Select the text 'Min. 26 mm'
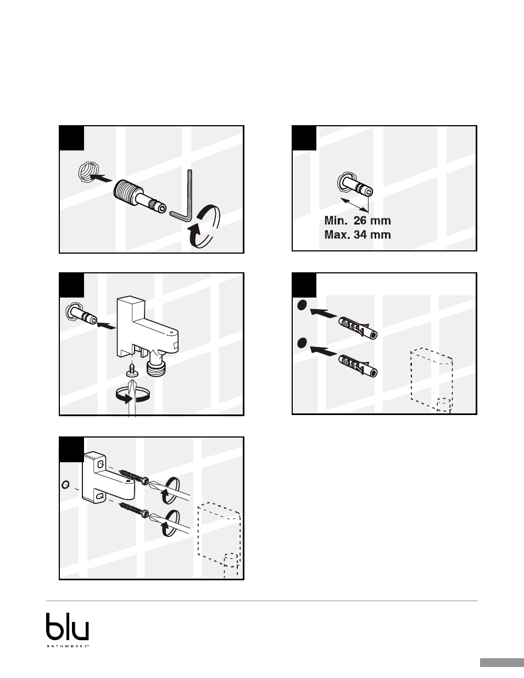(358, 221)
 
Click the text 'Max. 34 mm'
(358, 234)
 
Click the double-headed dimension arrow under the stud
(354, 204)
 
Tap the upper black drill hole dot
(302, 305)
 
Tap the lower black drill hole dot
(302, 343)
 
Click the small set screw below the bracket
(132, 370)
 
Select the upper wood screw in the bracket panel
(134, 476)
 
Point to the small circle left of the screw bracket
(65, 484)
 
